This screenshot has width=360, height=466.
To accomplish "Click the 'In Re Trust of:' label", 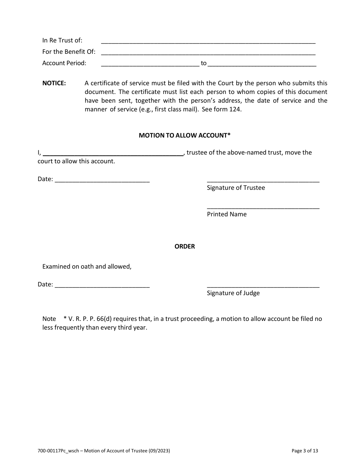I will (x=62, y=41).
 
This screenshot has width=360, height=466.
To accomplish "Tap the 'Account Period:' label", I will (x=64, y=63).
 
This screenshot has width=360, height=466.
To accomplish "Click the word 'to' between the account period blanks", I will (x=203, y=63).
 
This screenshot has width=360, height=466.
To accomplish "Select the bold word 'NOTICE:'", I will (x=54, y=83).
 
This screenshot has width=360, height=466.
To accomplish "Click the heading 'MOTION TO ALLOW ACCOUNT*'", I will (x=185, y=135).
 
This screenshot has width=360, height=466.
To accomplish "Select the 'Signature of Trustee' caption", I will (x=236, y=188).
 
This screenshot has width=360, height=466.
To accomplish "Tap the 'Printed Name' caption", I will (x=227, y=214).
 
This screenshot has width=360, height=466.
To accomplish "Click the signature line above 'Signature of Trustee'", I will (x=263, y=181).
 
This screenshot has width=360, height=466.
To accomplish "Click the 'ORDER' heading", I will (x=185, y=247).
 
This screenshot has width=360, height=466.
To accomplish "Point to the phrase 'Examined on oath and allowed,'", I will (x=87, y=267).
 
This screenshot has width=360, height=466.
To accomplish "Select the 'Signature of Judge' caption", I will (x=233, y=293).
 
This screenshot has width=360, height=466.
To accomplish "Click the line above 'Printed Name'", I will (x=263, y=207).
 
